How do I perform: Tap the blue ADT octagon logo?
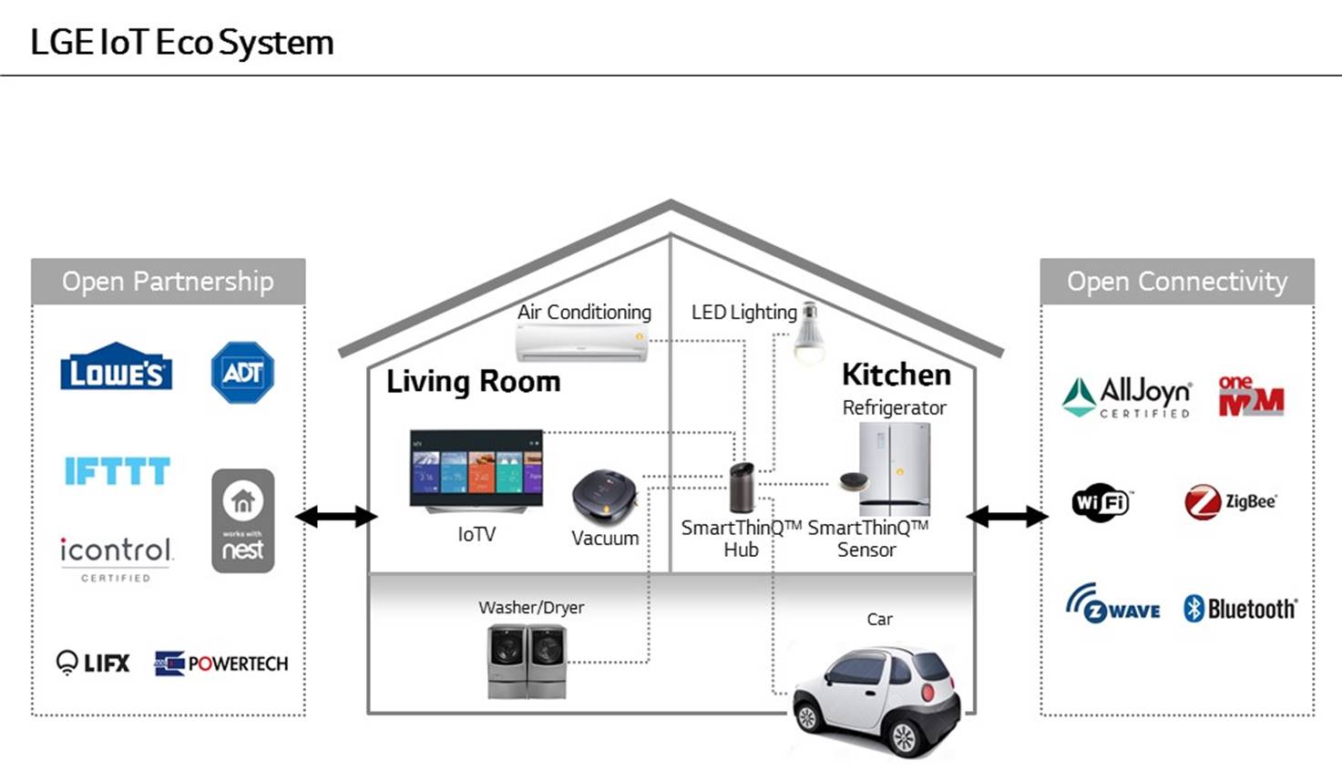[242, 372]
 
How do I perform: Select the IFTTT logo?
[117, 471]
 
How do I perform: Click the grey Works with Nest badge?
[242, 520]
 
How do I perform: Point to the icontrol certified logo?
[116, 557]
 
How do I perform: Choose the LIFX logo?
[93, 663]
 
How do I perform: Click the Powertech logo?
[221, 664]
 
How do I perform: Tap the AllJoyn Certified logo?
[1127, 397]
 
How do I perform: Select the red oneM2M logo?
[1250, 396]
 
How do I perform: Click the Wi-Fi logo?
[1101, 502]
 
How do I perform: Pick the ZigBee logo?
[1230, 502]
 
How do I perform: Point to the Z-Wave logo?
[1112, 605]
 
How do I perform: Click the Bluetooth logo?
[1239, 609]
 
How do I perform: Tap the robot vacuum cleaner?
[604, 495]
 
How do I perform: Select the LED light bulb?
[808, 334]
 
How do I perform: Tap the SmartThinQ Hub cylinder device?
[742, 488]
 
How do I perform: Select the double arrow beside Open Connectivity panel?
[1007, 517]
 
